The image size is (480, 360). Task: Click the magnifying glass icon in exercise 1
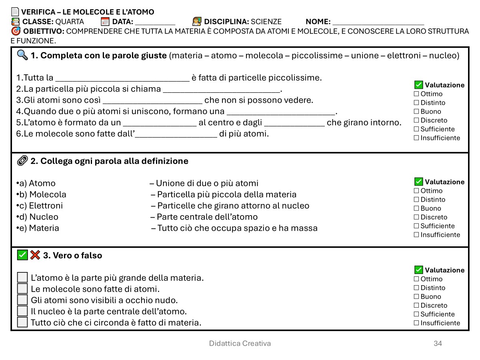[22, 55]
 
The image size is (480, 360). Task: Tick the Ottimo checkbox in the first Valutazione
[416, 94]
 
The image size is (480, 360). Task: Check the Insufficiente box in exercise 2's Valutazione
[416, 235]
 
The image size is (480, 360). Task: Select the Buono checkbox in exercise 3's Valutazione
[416, 297]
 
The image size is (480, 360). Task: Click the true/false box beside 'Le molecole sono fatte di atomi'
[22, 288]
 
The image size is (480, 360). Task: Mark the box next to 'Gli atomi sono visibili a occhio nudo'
[22, 300]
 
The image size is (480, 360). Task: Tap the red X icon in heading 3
[35, 255]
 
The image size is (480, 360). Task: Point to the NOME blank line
[378, 23]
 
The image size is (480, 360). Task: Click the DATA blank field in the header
[155, 23]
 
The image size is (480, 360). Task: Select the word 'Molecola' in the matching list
[48, 194]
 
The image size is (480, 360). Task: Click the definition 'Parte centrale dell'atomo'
[207, 217]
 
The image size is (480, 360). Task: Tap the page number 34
[438, 343]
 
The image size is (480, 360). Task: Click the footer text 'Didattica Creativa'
[240, 343]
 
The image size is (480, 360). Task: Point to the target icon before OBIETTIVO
[16, 31]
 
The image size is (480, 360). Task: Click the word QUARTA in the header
[70, 22]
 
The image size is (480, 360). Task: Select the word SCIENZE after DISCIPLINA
[266, 22]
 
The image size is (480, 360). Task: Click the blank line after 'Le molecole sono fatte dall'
[176, 135]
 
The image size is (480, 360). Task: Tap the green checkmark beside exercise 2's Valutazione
[418, 182]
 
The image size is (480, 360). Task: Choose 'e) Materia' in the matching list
[44, 228]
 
